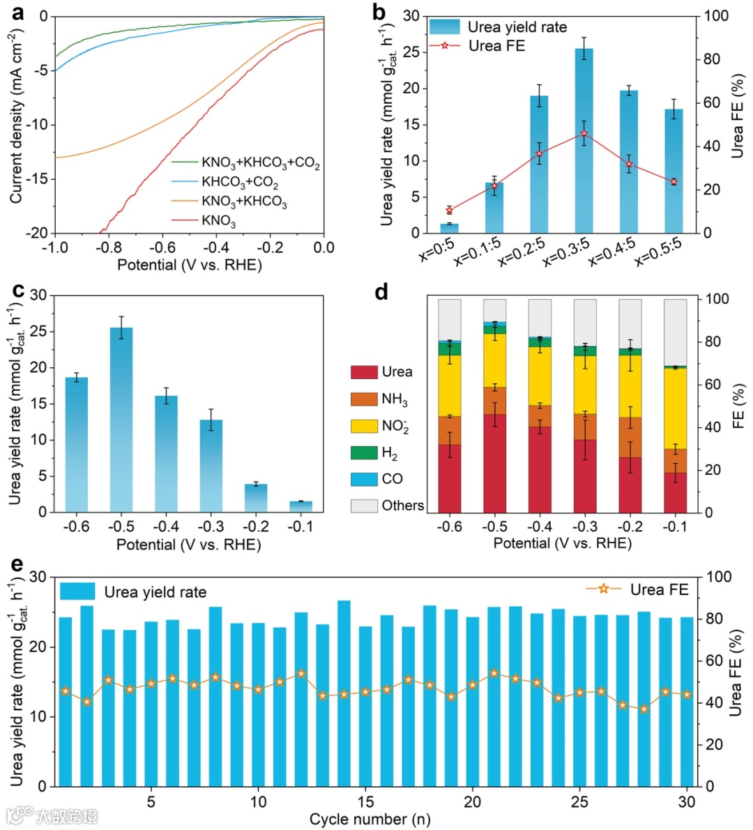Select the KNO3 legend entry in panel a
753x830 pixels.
(x=219, y=222)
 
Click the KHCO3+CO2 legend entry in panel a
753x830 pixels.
(x=239, y=183)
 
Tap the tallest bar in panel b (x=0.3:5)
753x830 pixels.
(x=584, y=139)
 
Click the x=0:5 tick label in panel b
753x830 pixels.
(x=436, y=249)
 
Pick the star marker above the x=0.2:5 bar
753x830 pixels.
(x=539, y=153)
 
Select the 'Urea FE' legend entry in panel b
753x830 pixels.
(x=496, y=46)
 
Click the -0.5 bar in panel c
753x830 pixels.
(x=121, y=418)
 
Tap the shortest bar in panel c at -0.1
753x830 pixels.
(x=301, y=507)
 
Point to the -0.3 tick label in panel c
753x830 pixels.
(x=211, y=527)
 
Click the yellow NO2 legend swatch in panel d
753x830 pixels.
(x=364, y=426)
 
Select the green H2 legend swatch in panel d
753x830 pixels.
(x=364, y=453)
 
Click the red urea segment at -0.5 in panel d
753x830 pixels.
(x=494, y=463)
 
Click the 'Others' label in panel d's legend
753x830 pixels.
(x=402, y=506)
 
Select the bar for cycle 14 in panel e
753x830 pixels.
(x=344, y=693)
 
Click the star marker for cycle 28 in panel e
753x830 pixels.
(x=644, y=709)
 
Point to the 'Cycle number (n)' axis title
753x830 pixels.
(x=370, y=820)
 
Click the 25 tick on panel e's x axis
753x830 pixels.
(x=580, y=802)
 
